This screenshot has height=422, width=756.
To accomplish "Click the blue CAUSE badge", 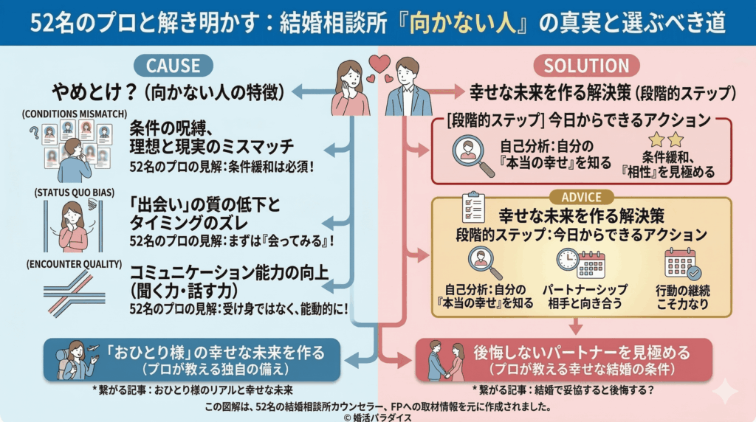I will click(173, 65).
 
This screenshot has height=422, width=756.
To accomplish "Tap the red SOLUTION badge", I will click(586, 65).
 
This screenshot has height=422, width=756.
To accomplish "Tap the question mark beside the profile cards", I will click(33, 133).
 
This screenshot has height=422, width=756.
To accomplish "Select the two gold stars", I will click(665, 140).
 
